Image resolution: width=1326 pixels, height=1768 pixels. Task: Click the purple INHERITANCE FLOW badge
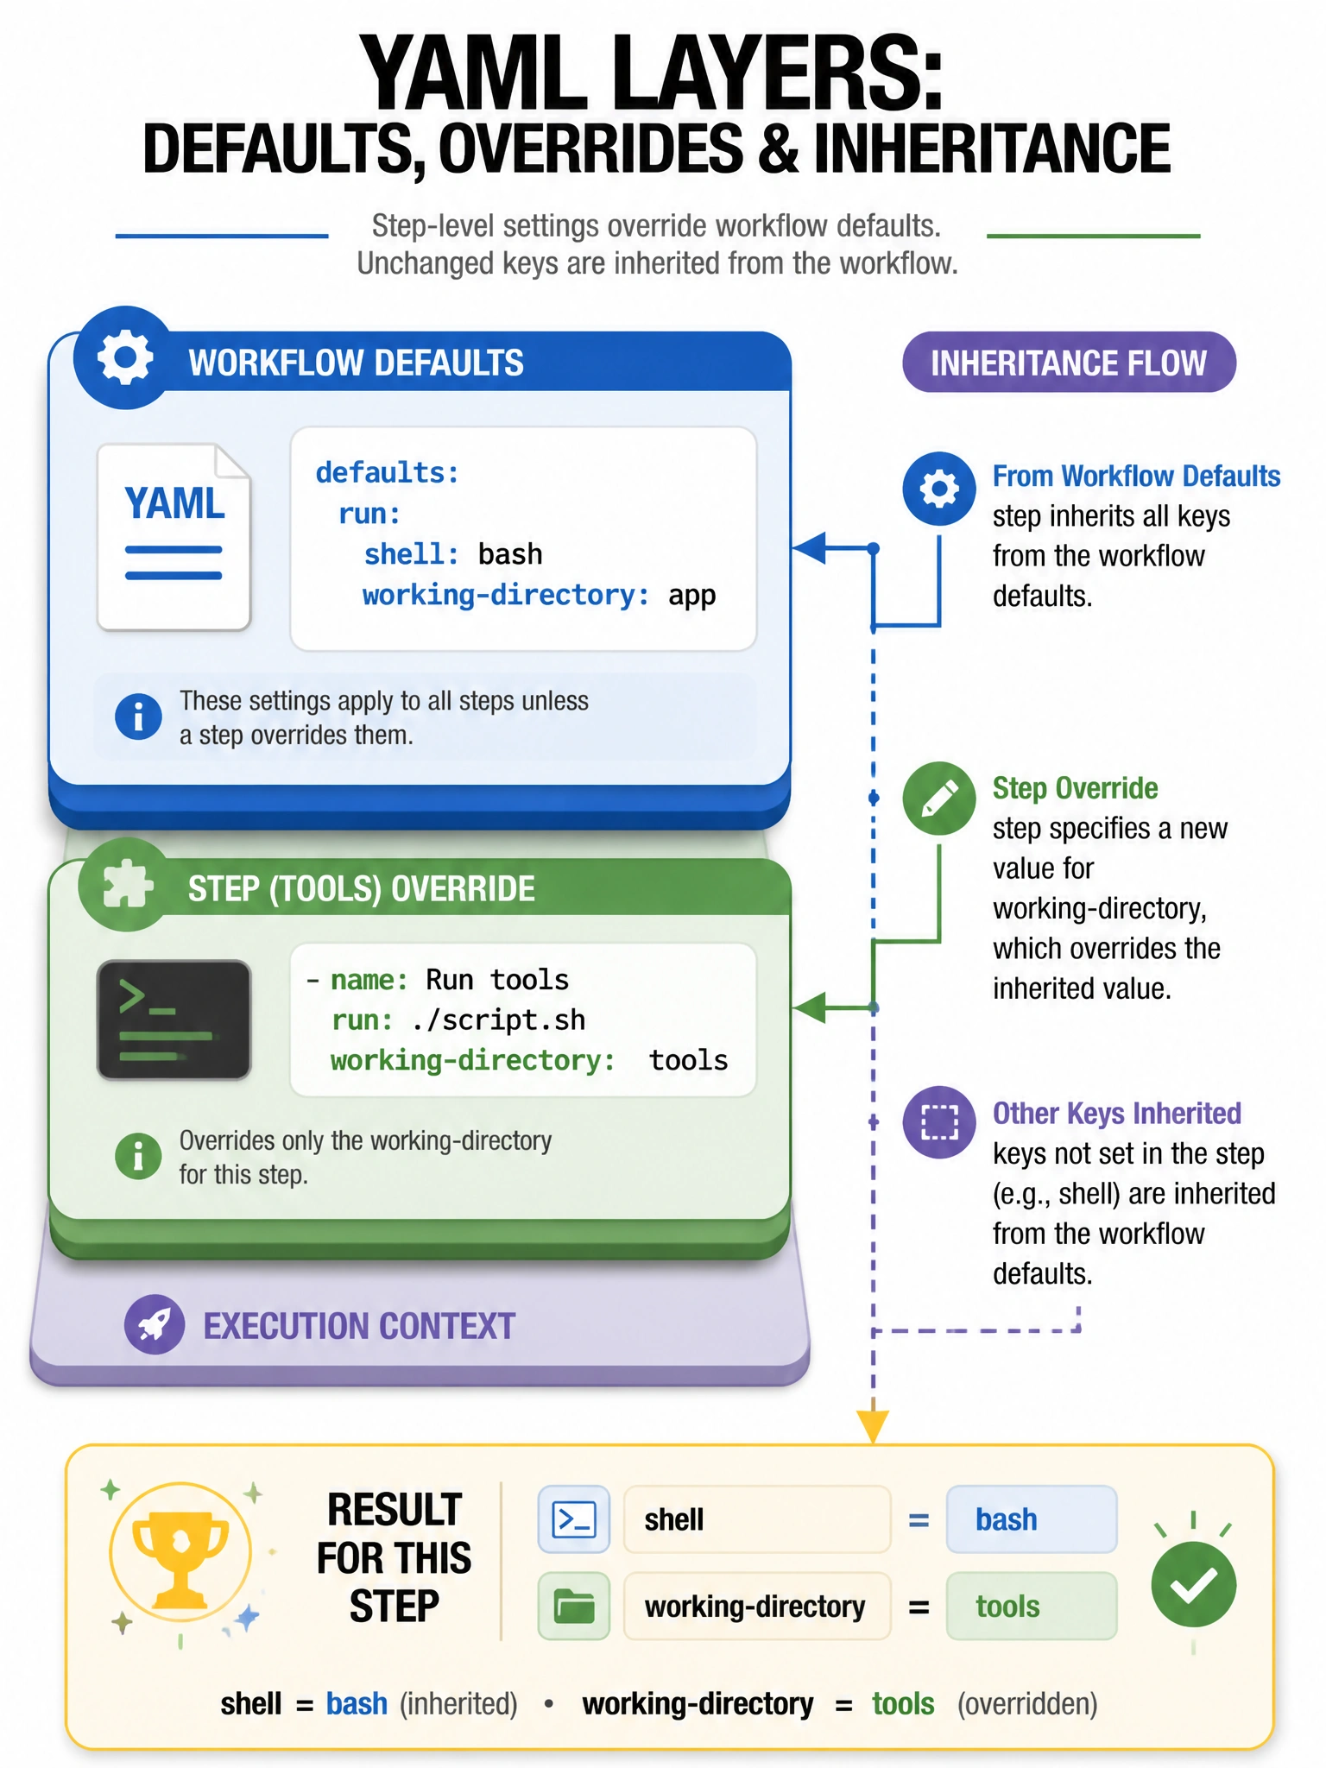tap(1069, 363)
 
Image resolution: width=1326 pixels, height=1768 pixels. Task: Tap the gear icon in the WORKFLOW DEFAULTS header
tap(125, 357)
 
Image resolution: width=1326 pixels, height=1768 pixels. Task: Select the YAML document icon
tap(174, 537)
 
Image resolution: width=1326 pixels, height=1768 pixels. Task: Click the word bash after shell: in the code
tap(510, 553)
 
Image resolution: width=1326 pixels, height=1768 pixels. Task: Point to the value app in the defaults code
tap(691, 596)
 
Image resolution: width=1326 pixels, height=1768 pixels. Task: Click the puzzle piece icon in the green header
tap(128, 885)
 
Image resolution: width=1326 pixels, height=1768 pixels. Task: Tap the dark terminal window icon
tap(174, 1020)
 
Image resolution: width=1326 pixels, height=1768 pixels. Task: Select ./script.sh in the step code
tap(499, 1020)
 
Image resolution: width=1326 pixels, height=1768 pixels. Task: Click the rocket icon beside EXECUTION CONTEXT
tap(155, 1324)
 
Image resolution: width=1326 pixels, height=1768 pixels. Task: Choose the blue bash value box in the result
tap(1032, 1519)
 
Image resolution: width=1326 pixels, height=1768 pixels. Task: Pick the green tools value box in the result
tap(1032, 1606)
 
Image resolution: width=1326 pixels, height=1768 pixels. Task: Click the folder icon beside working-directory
tap(574, 1606)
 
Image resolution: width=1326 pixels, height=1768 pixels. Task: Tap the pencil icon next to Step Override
tap(939, 799)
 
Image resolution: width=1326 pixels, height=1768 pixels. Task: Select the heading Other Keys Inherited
tap(1117, 1114)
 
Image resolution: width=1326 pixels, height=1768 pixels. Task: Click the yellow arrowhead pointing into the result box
tap(874, 1426)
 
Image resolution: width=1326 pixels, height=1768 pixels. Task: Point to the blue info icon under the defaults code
tap(138, 717)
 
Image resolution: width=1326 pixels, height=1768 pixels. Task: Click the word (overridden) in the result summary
tap(1027, 1704)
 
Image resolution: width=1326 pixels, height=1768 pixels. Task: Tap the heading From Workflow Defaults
tap(1136, 476)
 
